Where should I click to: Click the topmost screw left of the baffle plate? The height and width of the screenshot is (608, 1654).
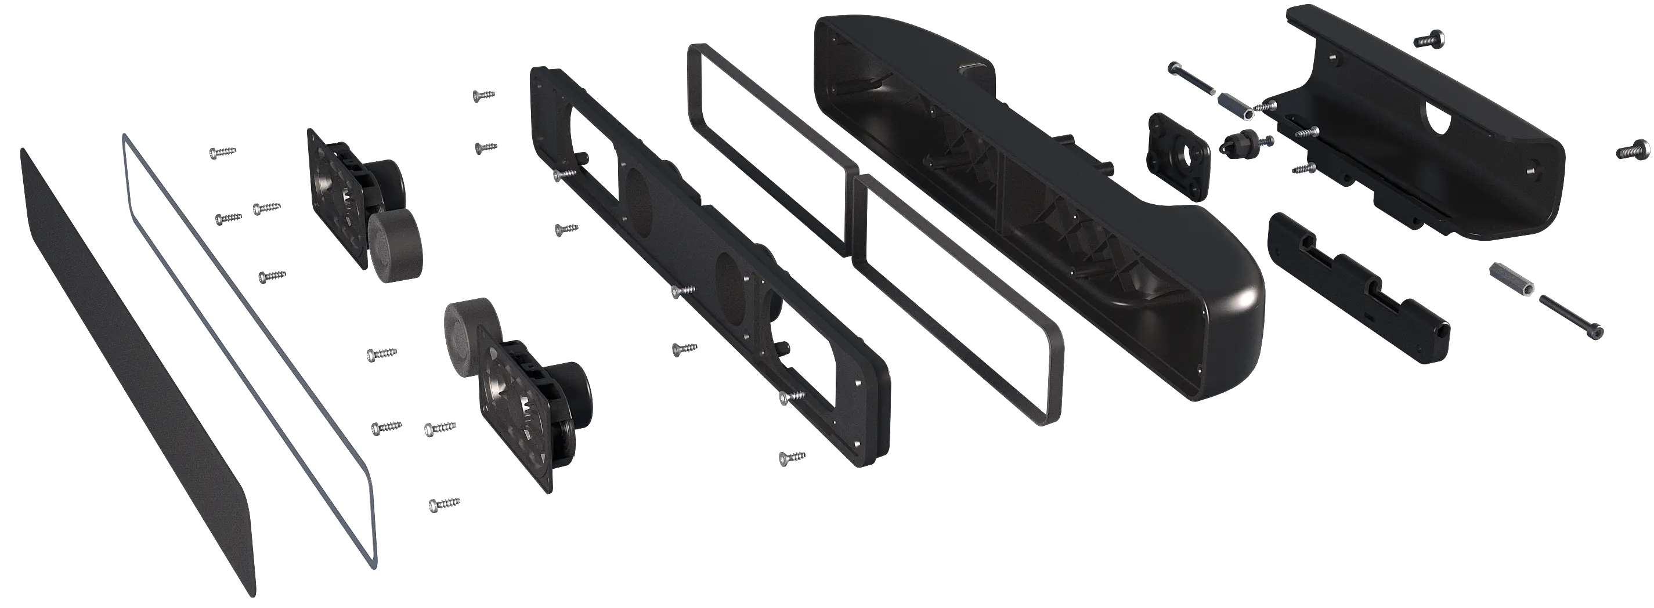[483, 95]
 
